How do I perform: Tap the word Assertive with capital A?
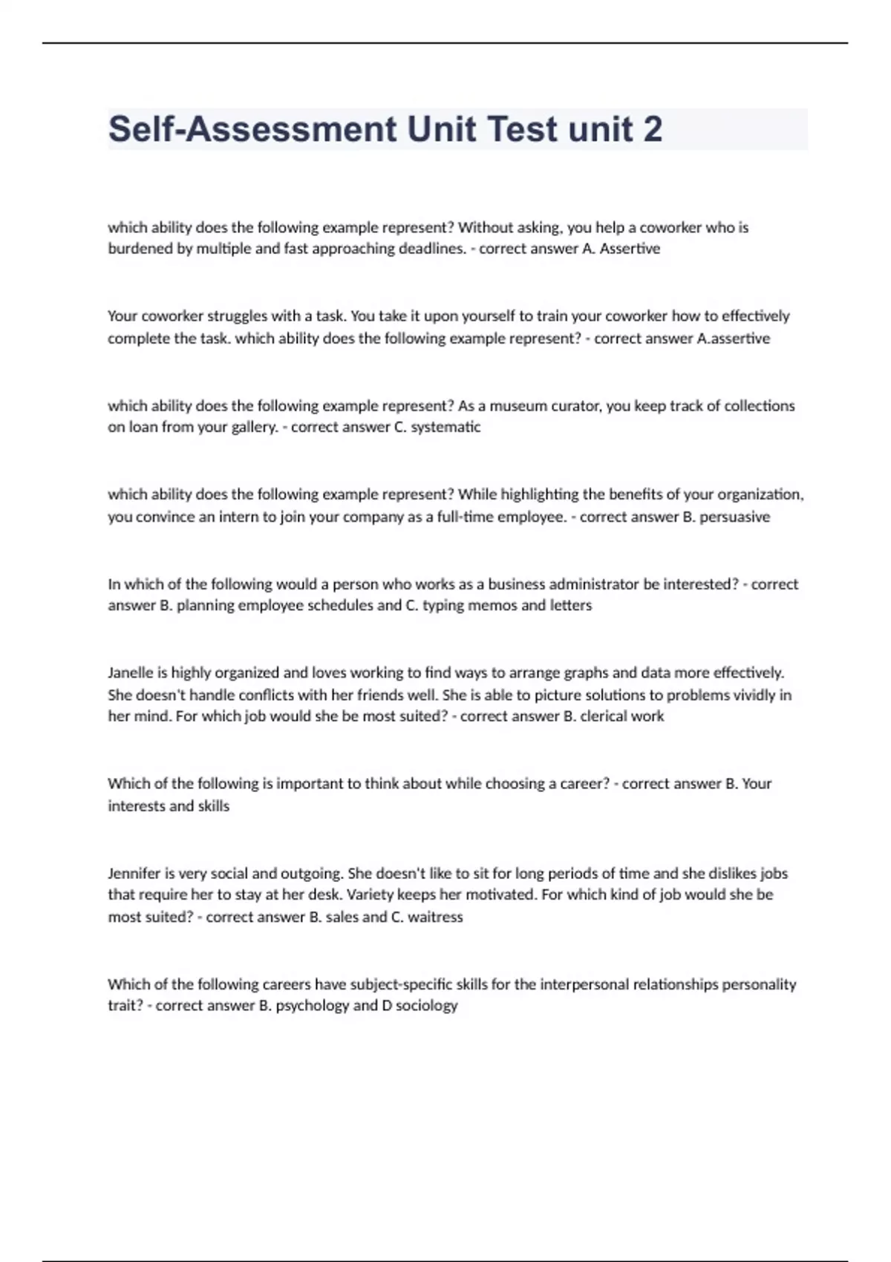click(630, 249)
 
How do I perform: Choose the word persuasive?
click(734, 517)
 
